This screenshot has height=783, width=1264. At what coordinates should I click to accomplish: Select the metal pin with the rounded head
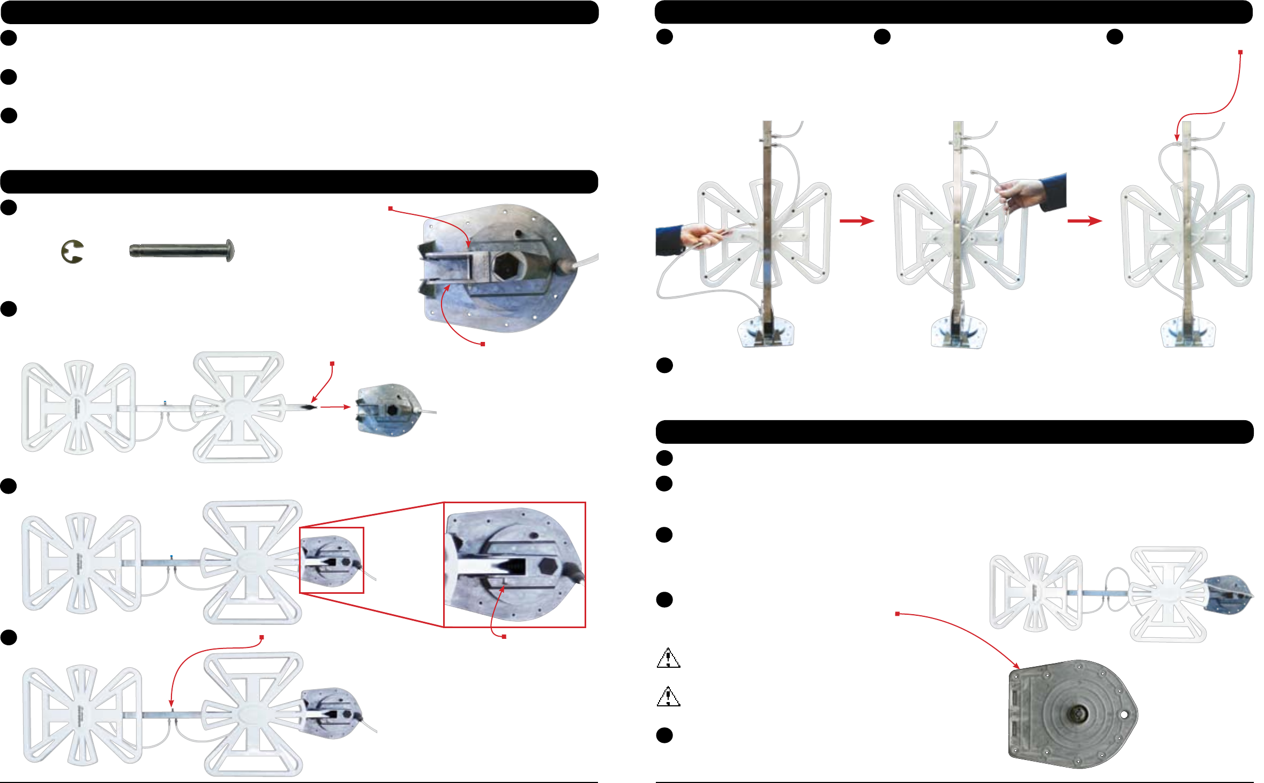[182, 250]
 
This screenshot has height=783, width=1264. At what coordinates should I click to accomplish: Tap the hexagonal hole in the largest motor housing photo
[506, 265]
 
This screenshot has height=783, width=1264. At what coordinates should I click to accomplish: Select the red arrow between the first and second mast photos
[856, 221]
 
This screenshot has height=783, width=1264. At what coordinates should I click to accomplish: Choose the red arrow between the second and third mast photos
[1085, 221]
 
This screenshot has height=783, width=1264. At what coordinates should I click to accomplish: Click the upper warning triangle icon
[668, 658]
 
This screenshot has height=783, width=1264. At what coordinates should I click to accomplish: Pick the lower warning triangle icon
[668, 697]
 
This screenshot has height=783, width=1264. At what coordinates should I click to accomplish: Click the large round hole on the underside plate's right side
[1124, 715]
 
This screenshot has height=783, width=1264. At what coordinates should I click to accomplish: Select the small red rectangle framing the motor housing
[332, 560]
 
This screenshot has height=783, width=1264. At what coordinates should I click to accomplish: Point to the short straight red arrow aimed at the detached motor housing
[335, 407]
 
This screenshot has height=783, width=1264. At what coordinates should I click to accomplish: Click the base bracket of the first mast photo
[766, 331]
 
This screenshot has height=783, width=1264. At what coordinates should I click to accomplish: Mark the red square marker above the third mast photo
[1240, 52]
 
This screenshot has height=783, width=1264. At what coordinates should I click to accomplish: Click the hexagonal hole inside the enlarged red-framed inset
[548, 565]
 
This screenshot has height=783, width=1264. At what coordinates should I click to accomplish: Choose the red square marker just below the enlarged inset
[504, 636]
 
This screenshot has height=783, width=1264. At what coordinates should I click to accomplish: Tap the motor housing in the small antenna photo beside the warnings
[1229, 594]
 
